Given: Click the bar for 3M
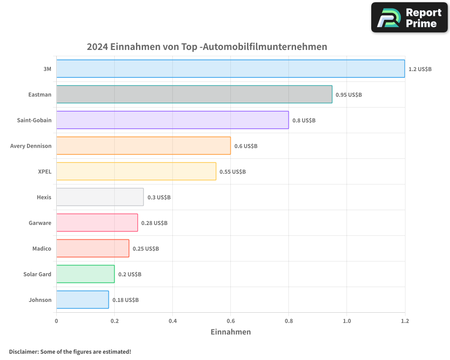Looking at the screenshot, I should (230, 69).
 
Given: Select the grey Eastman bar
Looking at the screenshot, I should (194, 94).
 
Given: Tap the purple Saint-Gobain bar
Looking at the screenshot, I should (172, 120).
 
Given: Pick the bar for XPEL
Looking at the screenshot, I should (136, 171).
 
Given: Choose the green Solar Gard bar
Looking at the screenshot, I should (85, 274).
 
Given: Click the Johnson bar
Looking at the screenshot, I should (82, 300).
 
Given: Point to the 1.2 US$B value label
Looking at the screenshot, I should (420, 69).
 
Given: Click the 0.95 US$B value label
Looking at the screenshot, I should (349, 95).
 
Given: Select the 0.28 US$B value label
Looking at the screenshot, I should (154, 223).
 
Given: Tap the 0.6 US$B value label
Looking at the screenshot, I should (246, 146).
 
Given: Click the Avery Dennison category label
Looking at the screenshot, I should (31, 146).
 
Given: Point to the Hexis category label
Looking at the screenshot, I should (44, 197).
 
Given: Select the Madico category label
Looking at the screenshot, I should (42, 248).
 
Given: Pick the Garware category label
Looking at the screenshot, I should (40, 223).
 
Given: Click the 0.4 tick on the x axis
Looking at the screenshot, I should (172, 321).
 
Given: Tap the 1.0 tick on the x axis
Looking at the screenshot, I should (346, 321).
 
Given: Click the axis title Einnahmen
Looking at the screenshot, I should (230, 332).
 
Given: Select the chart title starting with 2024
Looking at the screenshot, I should (207, 46).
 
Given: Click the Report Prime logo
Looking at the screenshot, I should (409, 18).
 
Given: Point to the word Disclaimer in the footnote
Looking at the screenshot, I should (23, 351).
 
